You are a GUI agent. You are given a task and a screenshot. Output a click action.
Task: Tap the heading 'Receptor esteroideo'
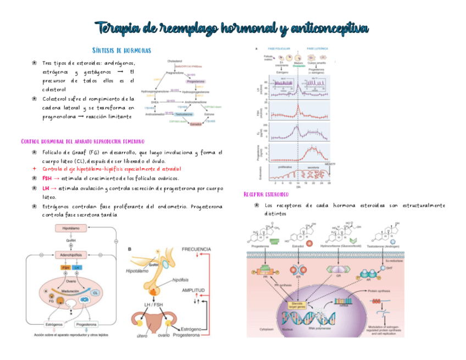coord(266,195)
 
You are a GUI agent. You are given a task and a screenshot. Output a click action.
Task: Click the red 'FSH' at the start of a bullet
coord(47,178)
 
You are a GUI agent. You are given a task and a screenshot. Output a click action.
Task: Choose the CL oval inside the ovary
coord(95,293)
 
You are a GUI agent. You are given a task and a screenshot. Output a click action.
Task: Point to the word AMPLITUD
coord(193,290)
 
